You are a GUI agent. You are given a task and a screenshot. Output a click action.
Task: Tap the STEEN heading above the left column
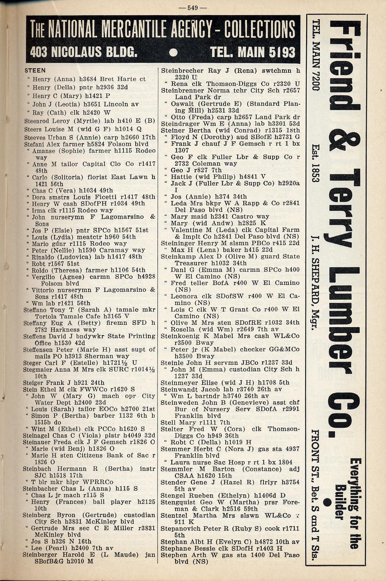(35, 71)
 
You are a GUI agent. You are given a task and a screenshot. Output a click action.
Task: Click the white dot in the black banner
(174, 52)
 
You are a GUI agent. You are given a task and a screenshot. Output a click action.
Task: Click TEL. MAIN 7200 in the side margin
(315, 55)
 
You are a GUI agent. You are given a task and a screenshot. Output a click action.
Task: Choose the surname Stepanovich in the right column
(181, 529)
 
